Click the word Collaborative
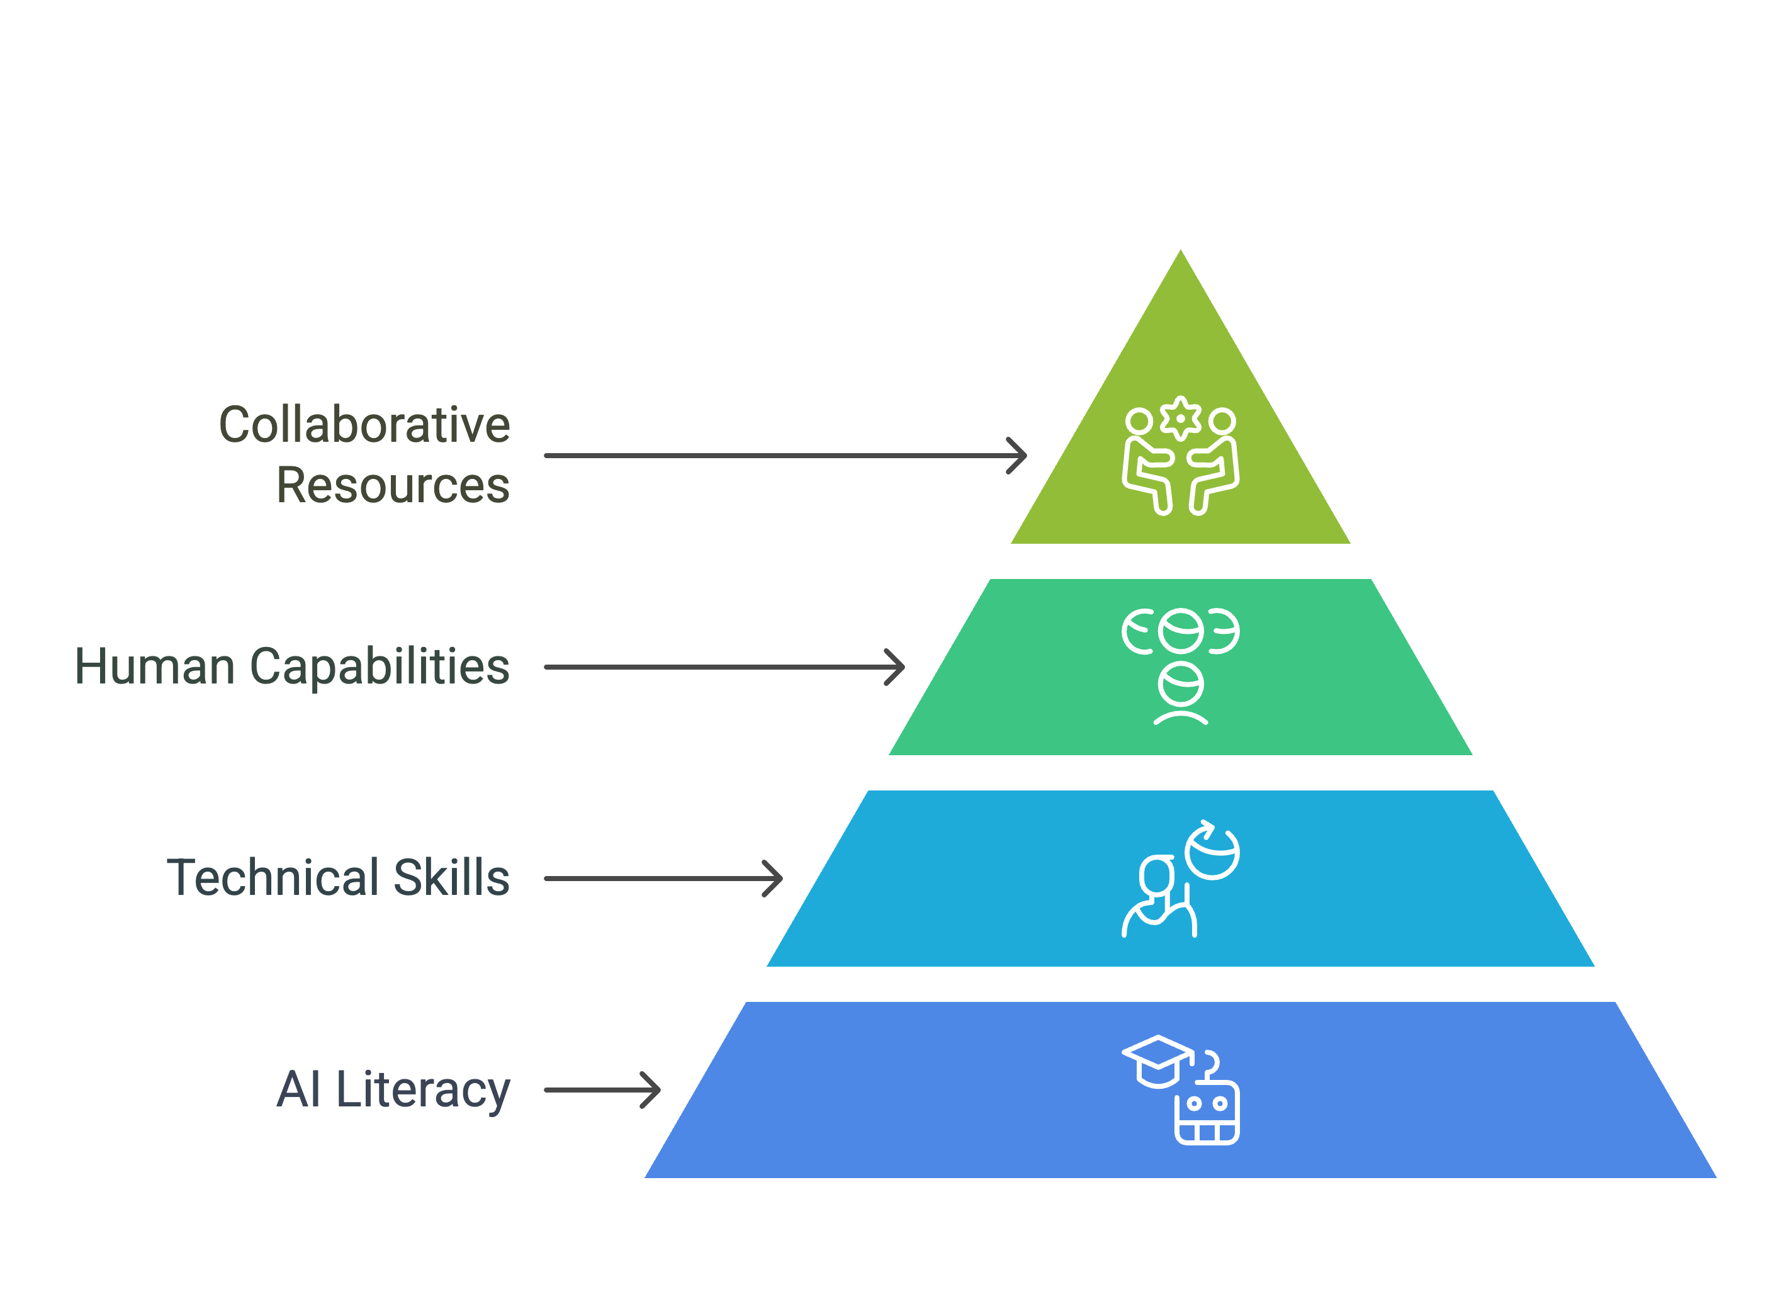(364, 425)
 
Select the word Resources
(393, 485)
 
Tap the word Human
(155, 667)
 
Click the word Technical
(273, 878)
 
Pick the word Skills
(451, 878)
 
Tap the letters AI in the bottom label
(298, 1090)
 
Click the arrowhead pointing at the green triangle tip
(1018, 456)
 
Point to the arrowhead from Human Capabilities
(895, 667)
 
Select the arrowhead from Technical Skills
(774, 879)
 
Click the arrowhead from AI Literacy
(651, 1090)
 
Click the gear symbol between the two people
(1180, 419)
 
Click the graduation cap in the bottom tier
(1157, 1062)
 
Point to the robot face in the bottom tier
(1207, 1113)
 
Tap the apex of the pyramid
(1180, 251)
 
